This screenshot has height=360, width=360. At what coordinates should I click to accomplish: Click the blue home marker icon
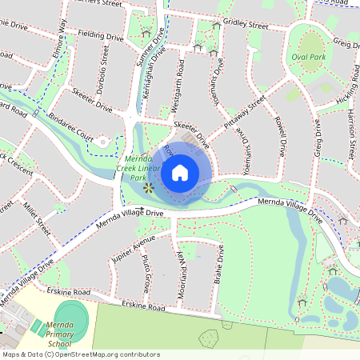tap(180, 172)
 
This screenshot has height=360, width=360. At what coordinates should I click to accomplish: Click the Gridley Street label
tap(247, 26)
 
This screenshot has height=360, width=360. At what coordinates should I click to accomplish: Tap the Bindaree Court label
tap(70, 133)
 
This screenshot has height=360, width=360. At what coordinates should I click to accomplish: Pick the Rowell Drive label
tap(282, 137)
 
